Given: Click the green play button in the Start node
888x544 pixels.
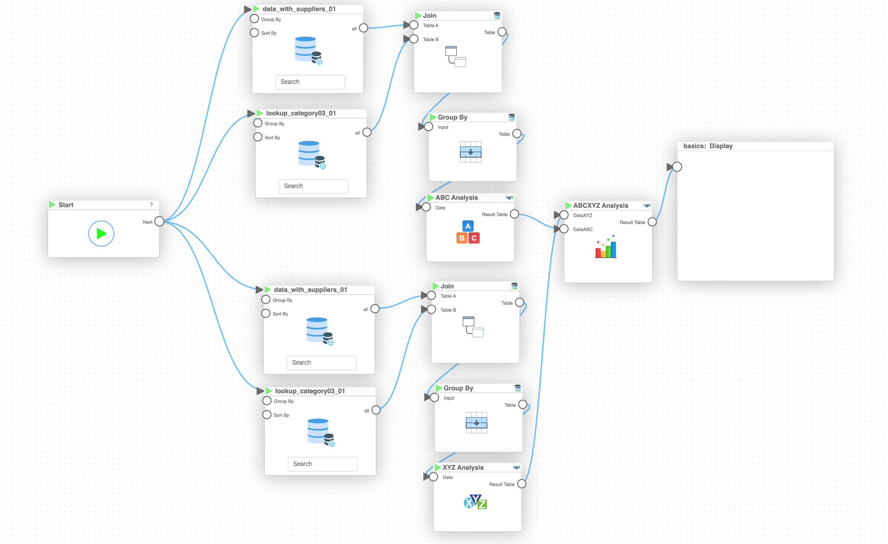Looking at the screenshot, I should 101,234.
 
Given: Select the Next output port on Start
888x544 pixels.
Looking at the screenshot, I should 159,221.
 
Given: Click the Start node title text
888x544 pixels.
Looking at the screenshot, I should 66,205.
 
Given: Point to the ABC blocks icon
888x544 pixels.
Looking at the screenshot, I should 468,232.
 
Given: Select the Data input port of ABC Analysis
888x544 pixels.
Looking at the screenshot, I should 426,207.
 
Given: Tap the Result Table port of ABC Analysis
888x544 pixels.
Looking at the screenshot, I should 514,214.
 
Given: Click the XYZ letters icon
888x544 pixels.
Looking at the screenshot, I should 475,502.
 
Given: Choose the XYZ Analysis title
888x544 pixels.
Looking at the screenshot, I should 463,468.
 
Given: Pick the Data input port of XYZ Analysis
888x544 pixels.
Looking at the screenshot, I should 433,477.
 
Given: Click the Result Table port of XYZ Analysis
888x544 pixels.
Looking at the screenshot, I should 521,484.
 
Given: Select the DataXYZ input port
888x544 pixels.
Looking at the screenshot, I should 564,215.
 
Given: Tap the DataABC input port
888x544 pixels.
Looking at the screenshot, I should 564,229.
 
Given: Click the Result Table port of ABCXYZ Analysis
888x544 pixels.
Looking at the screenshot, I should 652,222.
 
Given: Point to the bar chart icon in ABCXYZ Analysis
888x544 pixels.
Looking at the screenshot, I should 606,247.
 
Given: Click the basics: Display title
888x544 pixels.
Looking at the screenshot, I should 708,146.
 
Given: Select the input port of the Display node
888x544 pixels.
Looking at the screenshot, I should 677,167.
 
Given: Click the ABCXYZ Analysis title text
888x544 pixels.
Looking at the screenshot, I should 600,206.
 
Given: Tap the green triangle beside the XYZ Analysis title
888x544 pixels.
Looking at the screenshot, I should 438,468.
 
